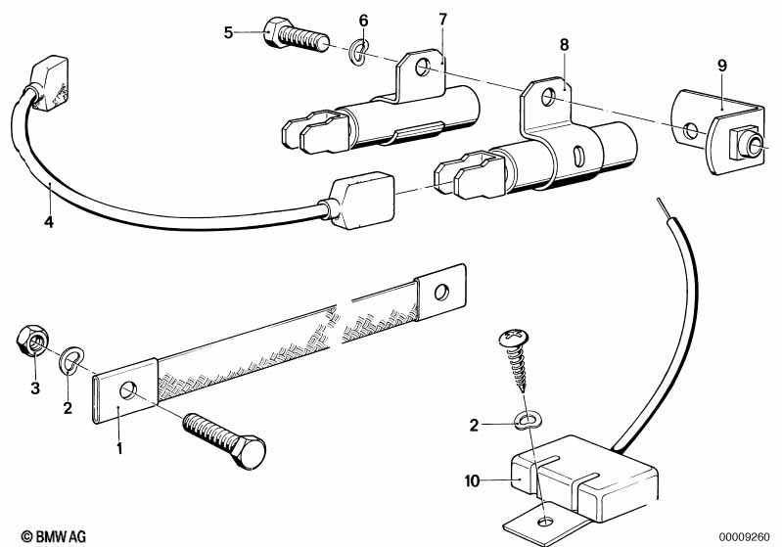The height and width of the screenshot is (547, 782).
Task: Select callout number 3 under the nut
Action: coord(35,388)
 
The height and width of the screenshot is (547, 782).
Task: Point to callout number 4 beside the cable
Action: coord(48,223)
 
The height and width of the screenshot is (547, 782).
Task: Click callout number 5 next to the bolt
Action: coord(228,32)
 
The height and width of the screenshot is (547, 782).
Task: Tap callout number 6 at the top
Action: coord(363,21)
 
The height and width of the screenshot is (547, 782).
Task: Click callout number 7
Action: coord(442,20)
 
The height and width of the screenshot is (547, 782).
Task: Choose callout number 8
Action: coord(563,44)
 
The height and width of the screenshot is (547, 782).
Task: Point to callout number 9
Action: coord(721,66)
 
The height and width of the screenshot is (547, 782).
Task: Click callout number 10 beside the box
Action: coord(473,480)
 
